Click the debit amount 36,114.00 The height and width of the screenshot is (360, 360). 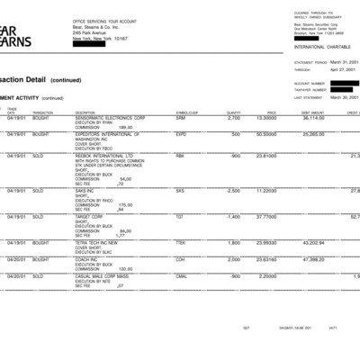tap(311, 118)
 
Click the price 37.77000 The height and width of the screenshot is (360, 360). tap(266, 217)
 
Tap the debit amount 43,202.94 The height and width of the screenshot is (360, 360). tap(311, 243)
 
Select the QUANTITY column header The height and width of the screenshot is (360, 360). tap(234, 112)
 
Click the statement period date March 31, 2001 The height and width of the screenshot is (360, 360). tap(345, 62)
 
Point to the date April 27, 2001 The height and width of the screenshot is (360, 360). tap(345, 68)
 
